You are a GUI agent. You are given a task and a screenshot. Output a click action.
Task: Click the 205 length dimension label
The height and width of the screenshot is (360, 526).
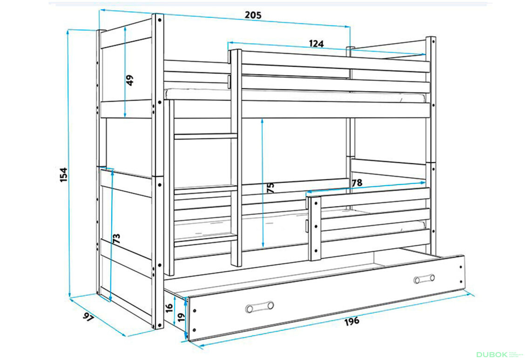tap(253, 15)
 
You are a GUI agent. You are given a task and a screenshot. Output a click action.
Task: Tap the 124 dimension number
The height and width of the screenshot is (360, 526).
tap(317, 44)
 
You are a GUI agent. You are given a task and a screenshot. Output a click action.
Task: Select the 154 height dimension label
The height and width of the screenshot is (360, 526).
tap(63, 175)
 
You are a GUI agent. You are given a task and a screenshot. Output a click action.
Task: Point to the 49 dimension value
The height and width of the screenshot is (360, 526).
tap(130, 80)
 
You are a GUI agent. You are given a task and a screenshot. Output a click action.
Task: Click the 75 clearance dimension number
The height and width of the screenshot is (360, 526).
tap(270, 187)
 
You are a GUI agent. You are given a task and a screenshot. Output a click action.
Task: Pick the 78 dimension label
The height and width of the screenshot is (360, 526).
tap(357, 183)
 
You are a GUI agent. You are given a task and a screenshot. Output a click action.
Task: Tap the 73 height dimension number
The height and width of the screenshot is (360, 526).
tap(116, 238)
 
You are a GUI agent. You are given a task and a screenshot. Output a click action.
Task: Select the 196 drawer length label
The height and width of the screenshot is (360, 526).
tap(351, 321)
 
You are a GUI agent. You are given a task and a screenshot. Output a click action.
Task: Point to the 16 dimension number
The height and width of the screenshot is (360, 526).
tap(169, 306)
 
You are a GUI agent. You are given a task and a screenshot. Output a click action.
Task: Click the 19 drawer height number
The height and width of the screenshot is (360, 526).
tap(181, 316)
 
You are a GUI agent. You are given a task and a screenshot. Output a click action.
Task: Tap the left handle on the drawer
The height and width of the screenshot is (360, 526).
tap(259, 306)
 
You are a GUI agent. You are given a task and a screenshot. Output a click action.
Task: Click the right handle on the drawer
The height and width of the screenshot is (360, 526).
tap(424, 278)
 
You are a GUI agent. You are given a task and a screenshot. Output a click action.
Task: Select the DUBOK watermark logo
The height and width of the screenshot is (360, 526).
tap(492, 354)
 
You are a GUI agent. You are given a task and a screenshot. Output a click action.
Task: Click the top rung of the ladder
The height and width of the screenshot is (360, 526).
tap(206, 136)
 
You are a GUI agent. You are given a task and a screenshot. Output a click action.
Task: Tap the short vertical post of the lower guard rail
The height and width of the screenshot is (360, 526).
tap(315, 229)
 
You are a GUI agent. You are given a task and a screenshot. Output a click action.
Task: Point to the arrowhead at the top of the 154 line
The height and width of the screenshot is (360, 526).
tap(68, 32)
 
